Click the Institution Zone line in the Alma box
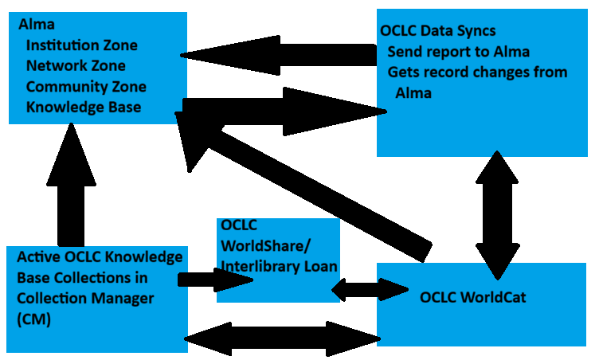[81, 45]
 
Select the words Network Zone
[76, 65]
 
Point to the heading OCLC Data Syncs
[438, 31]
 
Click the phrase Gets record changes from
[477, 72]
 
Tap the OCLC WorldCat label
[473, 298]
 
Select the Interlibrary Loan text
[278, 266]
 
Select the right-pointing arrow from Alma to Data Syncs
[279, 105]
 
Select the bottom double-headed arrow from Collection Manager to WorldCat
[283, 338]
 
